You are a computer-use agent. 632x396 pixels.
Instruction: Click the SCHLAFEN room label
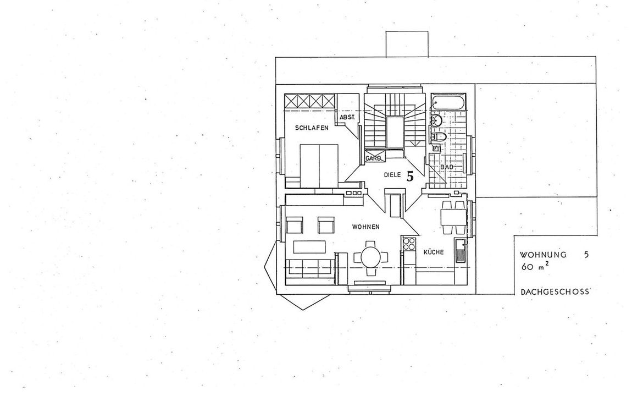(312, 128)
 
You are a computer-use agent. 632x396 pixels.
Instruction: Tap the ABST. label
(347, 117)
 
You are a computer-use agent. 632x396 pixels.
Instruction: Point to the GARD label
(373, 158)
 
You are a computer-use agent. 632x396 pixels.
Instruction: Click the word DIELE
(392, 175)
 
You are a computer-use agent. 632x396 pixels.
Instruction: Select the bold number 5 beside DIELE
(410, 177)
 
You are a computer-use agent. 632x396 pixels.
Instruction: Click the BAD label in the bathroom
(447, 167)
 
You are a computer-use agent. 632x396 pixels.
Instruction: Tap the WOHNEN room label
(365, 227)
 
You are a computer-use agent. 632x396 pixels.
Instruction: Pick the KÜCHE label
(433, 252)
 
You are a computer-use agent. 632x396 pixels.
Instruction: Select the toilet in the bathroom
(439, 137)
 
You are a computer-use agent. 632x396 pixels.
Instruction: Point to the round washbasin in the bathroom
(436, 120)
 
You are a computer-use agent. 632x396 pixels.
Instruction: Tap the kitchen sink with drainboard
(461, 251)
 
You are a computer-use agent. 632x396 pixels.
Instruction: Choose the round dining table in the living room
(370, 257)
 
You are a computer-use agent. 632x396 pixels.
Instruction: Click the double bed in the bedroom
(318, 166)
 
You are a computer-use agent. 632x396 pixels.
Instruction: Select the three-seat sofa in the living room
(309, 268)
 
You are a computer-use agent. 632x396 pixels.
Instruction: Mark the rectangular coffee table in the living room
(309, 246)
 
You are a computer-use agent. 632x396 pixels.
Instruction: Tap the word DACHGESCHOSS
(555, 291)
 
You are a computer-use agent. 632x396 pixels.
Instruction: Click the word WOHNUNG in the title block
(543, 255)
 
